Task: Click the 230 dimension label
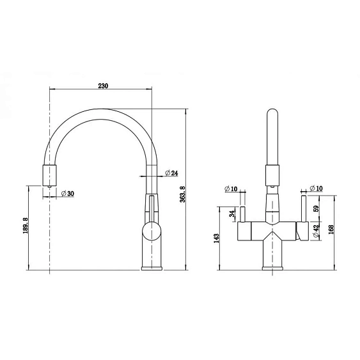(103, 86)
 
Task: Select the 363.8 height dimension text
(182, 194)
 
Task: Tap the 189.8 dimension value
(26, 226)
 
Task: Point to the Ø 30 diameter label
(68, 194)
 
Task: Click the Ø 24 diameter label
(171, 173)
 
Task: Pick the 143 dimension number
(216, 239)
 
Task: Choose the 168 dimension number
(331, 229)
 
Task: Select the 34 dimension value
(233, 214)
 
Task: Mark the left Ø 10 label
(231, 189)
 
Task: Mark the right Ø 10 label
(316, 189)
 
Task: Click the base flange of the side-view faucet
(152, 268)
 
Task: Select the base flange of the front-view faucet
(272, 268)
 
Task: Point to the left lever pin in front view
(243, 214)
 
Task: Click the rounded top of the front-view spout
(272, 113)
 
